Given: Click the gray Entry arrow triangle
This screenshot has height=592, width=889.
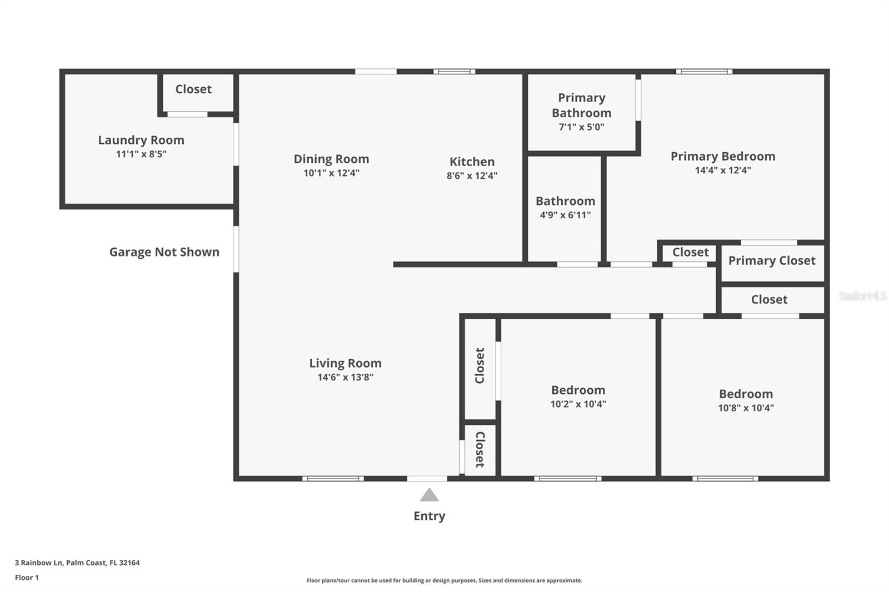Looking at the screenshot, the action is click(429, 495).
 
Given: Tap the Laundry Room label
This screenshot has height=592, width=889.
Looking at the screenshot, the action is click(141, 140).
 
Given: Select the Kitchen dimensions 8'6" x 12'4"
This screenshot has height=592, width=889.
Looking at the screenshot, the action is click(472, 175).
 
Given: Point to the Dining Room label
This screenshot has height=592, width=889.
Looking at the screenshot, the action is click(331, 159).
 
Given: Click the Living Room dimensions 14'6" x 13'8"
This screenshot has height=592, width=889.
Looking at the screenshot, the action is click(345, 377).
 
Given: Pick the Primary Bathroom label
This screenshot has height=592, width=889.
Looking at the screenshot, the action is click(581, 106).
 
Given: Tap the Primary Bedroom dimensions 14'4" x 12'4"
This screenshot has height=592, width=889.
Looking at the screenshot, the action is click(723, 170).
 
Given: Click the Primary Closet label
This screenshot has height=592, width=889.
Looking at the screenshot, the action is click(772, 260).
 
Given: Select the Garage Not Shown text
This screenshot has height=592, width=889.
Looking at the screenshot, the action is click(164, 252).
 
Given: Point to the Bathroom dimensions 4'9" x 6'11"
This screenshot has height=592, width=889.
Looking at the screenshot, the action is click(565, 215).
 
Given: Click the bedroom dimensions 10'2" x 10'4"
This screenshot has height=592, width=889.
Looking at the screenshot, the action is click(578, 404).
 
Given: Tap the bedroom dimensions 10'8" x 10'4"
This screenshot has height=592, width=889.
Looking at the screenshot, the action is click(746, 408).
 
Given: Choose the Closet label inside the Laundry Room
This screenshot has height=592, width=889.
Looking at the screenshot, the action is click(193, 89).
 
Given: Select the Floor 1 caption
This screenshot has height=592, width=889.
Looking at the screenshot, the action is click(27, 578).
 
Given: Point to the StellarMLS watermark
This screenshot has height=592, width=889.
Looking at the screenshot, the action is click(863, 296).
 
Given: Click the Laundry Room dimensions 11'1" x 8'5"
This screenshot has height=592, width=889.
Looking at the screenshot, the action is click(141, 154).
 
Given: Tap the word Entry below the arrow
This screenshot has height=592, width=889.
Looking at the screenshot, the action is click(429, 516).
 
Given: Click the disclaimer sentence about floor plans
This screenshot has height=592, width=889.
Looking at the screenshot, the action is click(444, 580).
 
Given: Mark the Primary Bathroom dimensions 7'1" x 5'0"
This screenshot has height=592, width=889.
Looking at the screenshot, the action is click(581, 127).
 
